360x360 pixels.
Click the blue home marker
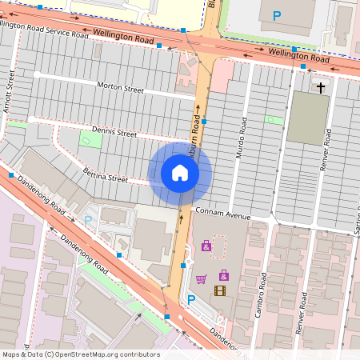[180, 173]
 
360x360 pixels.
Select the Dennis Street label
[114, 133]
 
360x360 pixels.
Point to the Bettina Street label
[105, 175]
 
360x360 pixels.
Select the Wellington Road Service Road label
[44, 30]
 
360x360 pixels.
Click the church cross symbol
[321, 86]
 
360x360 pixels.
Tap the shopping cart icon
[201, 279]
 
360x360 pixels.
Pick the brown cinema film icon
[220, 290]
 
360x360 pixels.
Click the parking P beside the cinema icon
[191, 300]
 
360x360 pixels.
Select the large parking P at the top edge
[277, 15]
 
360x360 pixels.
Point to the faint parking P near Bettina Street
[88, 219]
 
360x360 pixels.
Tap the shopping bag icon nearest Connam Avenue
[206, 246]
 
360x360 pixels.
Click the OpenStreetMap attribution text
[81, 354]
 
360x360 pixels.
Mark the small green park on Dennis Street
[91, 139]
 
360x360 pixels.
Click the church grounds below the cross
[307, 118]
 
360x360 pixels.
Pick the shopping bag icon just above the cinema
[223, 275]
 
